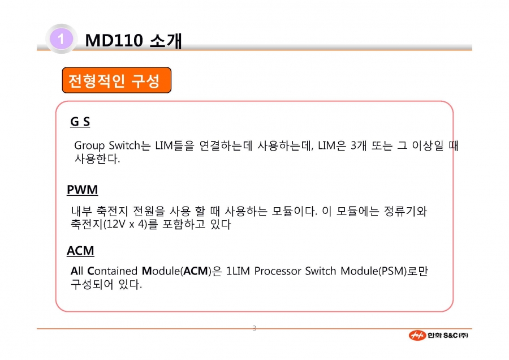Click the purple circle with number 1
[61, 39]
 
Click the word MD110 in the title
[114, 41]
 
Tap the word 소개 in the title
[166, 41]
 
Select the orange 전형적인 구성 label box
[117, 80]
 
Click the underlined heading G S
[80, 122]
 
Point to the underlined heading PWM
[82, 190]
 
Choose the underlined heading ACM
[80, 251]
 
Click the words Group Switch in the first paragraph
[107, 145]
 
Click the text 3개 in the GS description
[359, 145]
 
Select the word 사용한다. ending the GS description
[97, 158]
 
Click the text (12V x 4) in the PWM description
[125, 224]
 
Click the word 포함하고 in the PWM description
[184, 224]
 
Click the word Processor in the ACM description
[278, 271]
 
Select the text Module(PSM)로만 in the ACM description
[385, 271]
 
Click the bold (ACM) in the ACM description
[196, 271]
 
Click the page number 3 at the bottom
[254, 328]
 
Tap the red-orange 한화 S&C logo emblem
[417, 335]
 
